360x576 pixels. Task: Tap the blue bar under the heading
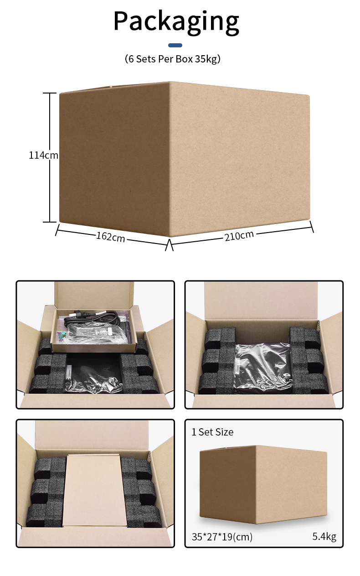point(175,45)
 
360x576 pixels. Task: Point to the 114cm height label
point(43,156)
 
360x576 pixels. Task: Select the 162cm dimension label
point(110,237)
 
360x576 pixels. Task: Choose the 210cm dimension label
point(239,236)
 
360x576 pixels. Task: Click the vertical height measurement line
point(50,157)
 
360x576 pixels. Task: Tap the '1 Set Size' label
point(212,432)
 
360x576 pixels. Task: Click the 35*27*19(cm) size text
point(222,536)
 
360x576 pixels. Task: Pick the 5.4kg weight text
point(324,536)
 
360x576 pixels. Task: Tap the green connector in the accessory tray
point(63,336)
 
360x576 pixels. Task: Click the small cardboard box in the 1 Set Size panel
point(263,485)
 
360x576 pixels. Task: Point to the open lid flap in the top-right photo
point(261,301)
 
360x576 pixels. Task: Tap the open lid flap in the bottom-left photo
point(92,435)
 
